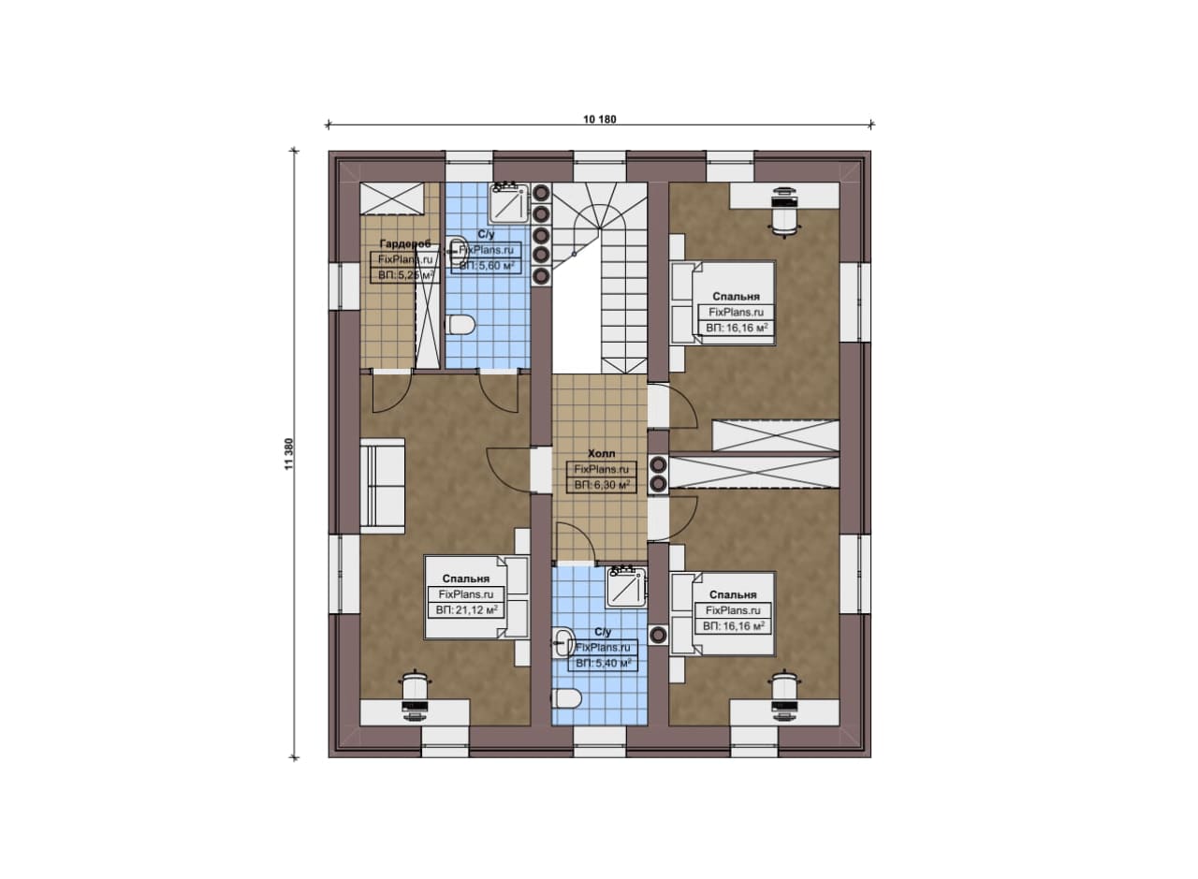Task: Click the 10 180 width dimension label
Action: pos(600,119)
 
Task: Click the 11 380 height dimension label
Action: pos(289,454)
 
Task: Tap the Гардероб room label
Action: pos(405,244)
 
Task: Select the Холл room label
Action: pos(602,453)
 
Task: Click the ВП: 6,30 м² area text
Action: pos(602,485)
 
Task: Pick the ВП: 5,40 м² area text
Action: pos(604,663)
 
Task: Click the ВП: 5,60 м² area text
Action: pos(486,265)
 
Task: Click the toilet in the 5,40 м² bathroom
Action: pos(566,698)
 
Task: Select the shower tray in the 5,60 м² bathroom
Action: pos(509,204)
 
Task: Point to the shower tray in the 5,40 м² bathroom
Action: pos(626,588)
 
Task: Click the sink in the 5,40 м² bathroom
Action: pos(563,642)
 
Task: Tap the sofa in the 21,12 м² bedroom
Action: pos(383,486)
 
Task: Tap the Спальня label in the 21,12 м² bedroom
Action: pos(465,579)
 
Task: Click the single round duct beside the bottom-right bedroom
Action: pos(658,635)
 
